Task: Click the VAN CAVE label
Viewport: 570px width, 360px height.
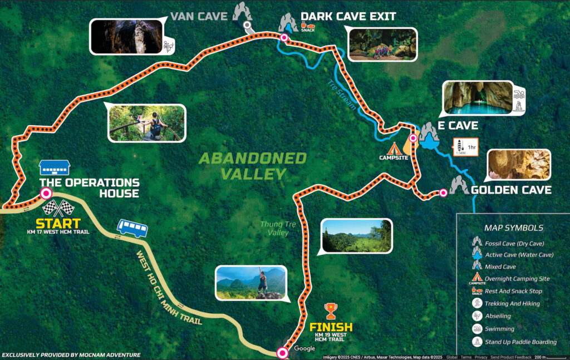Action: coord(199,16)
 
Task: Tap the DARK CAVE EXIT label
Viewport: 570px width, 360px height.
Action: coord(348,16)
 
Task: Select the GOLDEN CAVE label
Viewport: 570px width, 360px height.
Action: coord(511,190)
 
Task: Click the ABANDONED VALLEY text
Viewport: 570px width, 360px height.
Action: coord(253,166)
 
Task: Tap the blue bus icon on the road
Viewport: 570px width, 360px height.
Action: coord(132,228)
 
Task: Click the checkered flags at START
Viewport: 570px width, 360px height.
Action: coord(58,208)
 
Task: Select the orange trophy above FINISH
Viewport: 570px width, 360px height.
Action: coord(331,309)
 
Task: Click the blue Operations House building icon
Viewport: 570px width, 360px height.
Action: coord(55,167)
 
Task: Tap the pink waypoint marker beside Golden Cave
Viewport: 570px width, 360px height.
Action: coord(443,193)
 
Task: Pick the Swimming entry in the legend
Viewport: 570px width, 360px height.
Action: coord(499,329)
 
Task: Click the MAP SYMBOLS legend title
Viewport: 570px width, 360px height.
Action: coord(514,228)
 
